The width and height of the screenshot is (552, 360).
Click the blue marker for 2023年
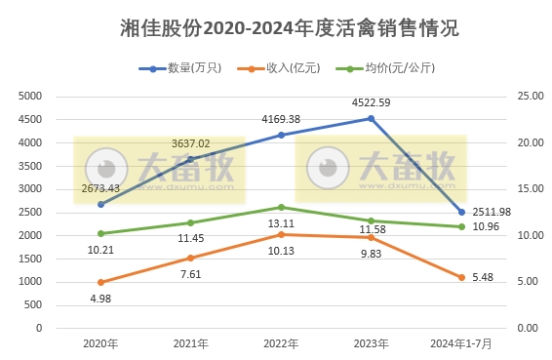(371, 119)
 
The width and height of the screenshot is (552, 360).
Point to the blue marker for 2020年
(100, 205)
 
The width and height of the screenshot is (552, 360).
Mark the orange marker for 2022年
(281, 234)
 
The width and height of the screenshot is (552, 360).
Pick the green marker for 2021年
(190, 222)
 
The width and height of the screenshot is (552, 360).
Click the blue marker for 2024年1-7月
(461, 212)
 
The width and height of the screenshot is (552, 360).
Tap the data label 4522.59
(372, 101)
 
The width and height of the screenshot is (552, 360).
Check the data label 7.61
(190, 274)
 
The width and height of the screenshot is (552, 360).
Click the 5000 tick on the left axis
(31, 96)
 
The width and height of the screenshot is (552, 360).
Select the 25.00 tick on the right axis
(528, 96)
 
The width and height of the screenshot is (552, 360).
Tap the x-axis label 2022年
(281, 343)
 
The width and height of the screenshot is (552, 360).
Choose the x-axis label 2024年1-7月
(460, 343)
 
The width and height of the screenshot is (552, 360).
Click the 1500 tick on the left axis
(31, 259)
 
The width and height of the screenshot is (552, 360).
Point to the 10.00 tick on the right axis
(528, 235)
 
